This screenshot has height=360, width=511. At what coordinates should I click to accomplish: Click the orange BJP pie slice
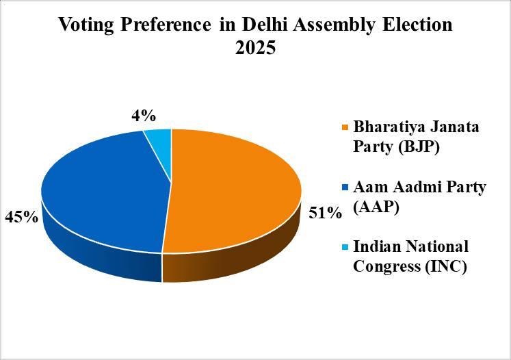[x=233, y=192]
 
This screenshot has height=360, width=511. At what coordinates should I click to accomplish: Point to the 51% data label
[x=324, y=214]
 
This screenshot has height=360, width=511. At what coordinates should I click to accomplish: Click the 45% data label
[x=21, y=218]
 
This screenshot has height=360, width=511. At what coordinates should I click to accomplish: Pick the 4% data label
[x=144, y=116]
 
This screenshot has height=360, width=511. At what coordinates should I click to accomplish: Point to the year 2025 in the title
[x=255, y=50]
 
